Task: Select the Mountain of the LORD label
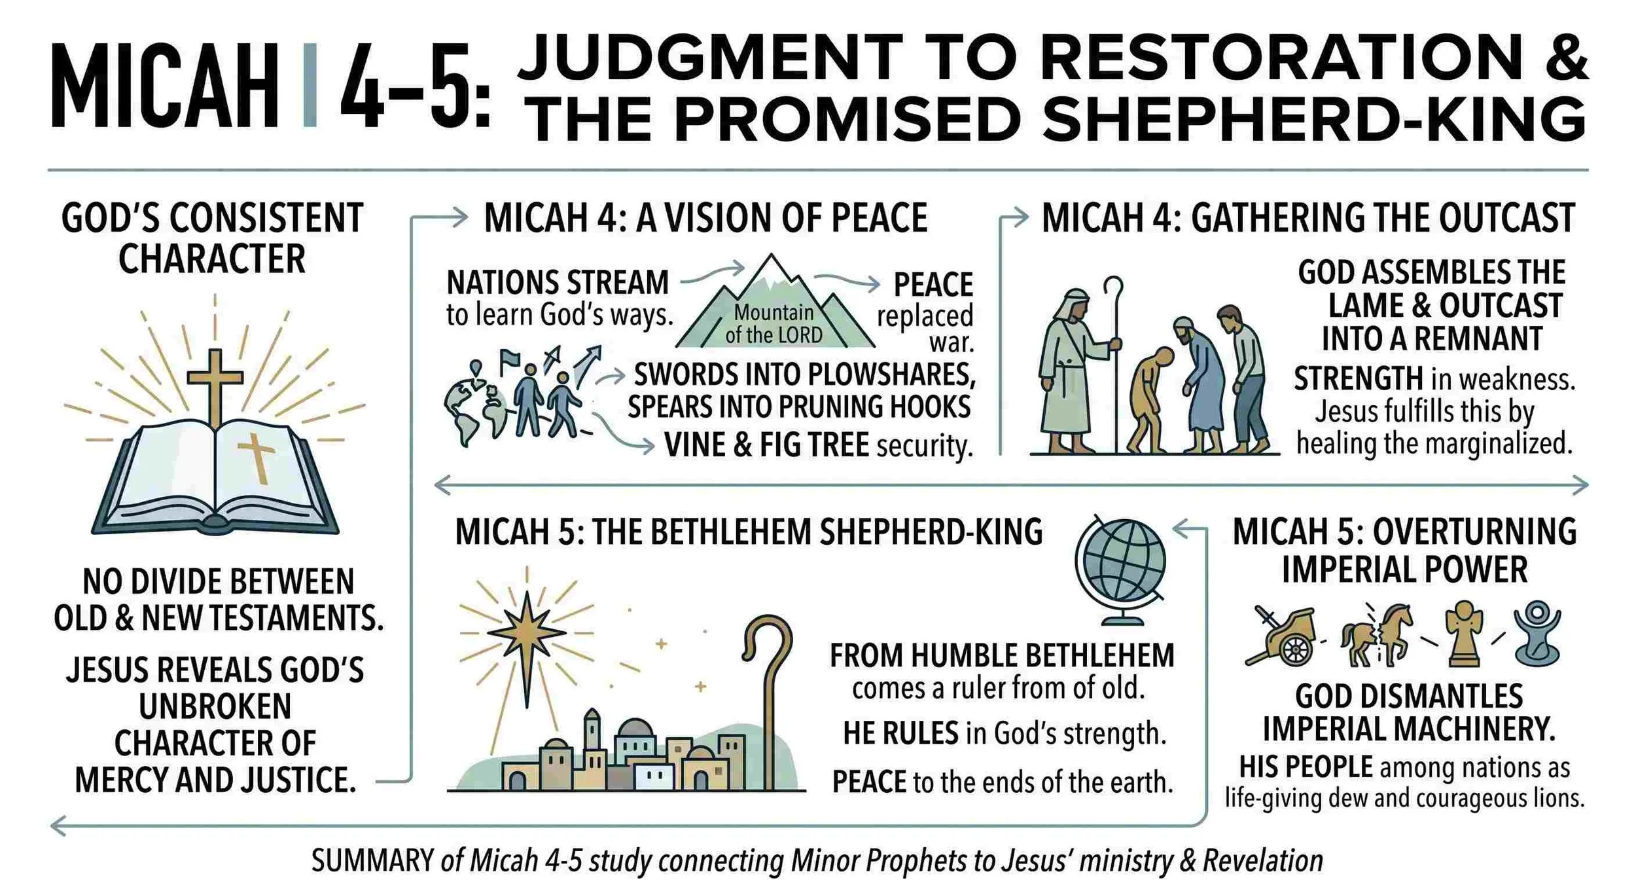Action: (x=774, y=323)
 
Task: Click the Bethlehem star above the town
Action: (x=527, y=632)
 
